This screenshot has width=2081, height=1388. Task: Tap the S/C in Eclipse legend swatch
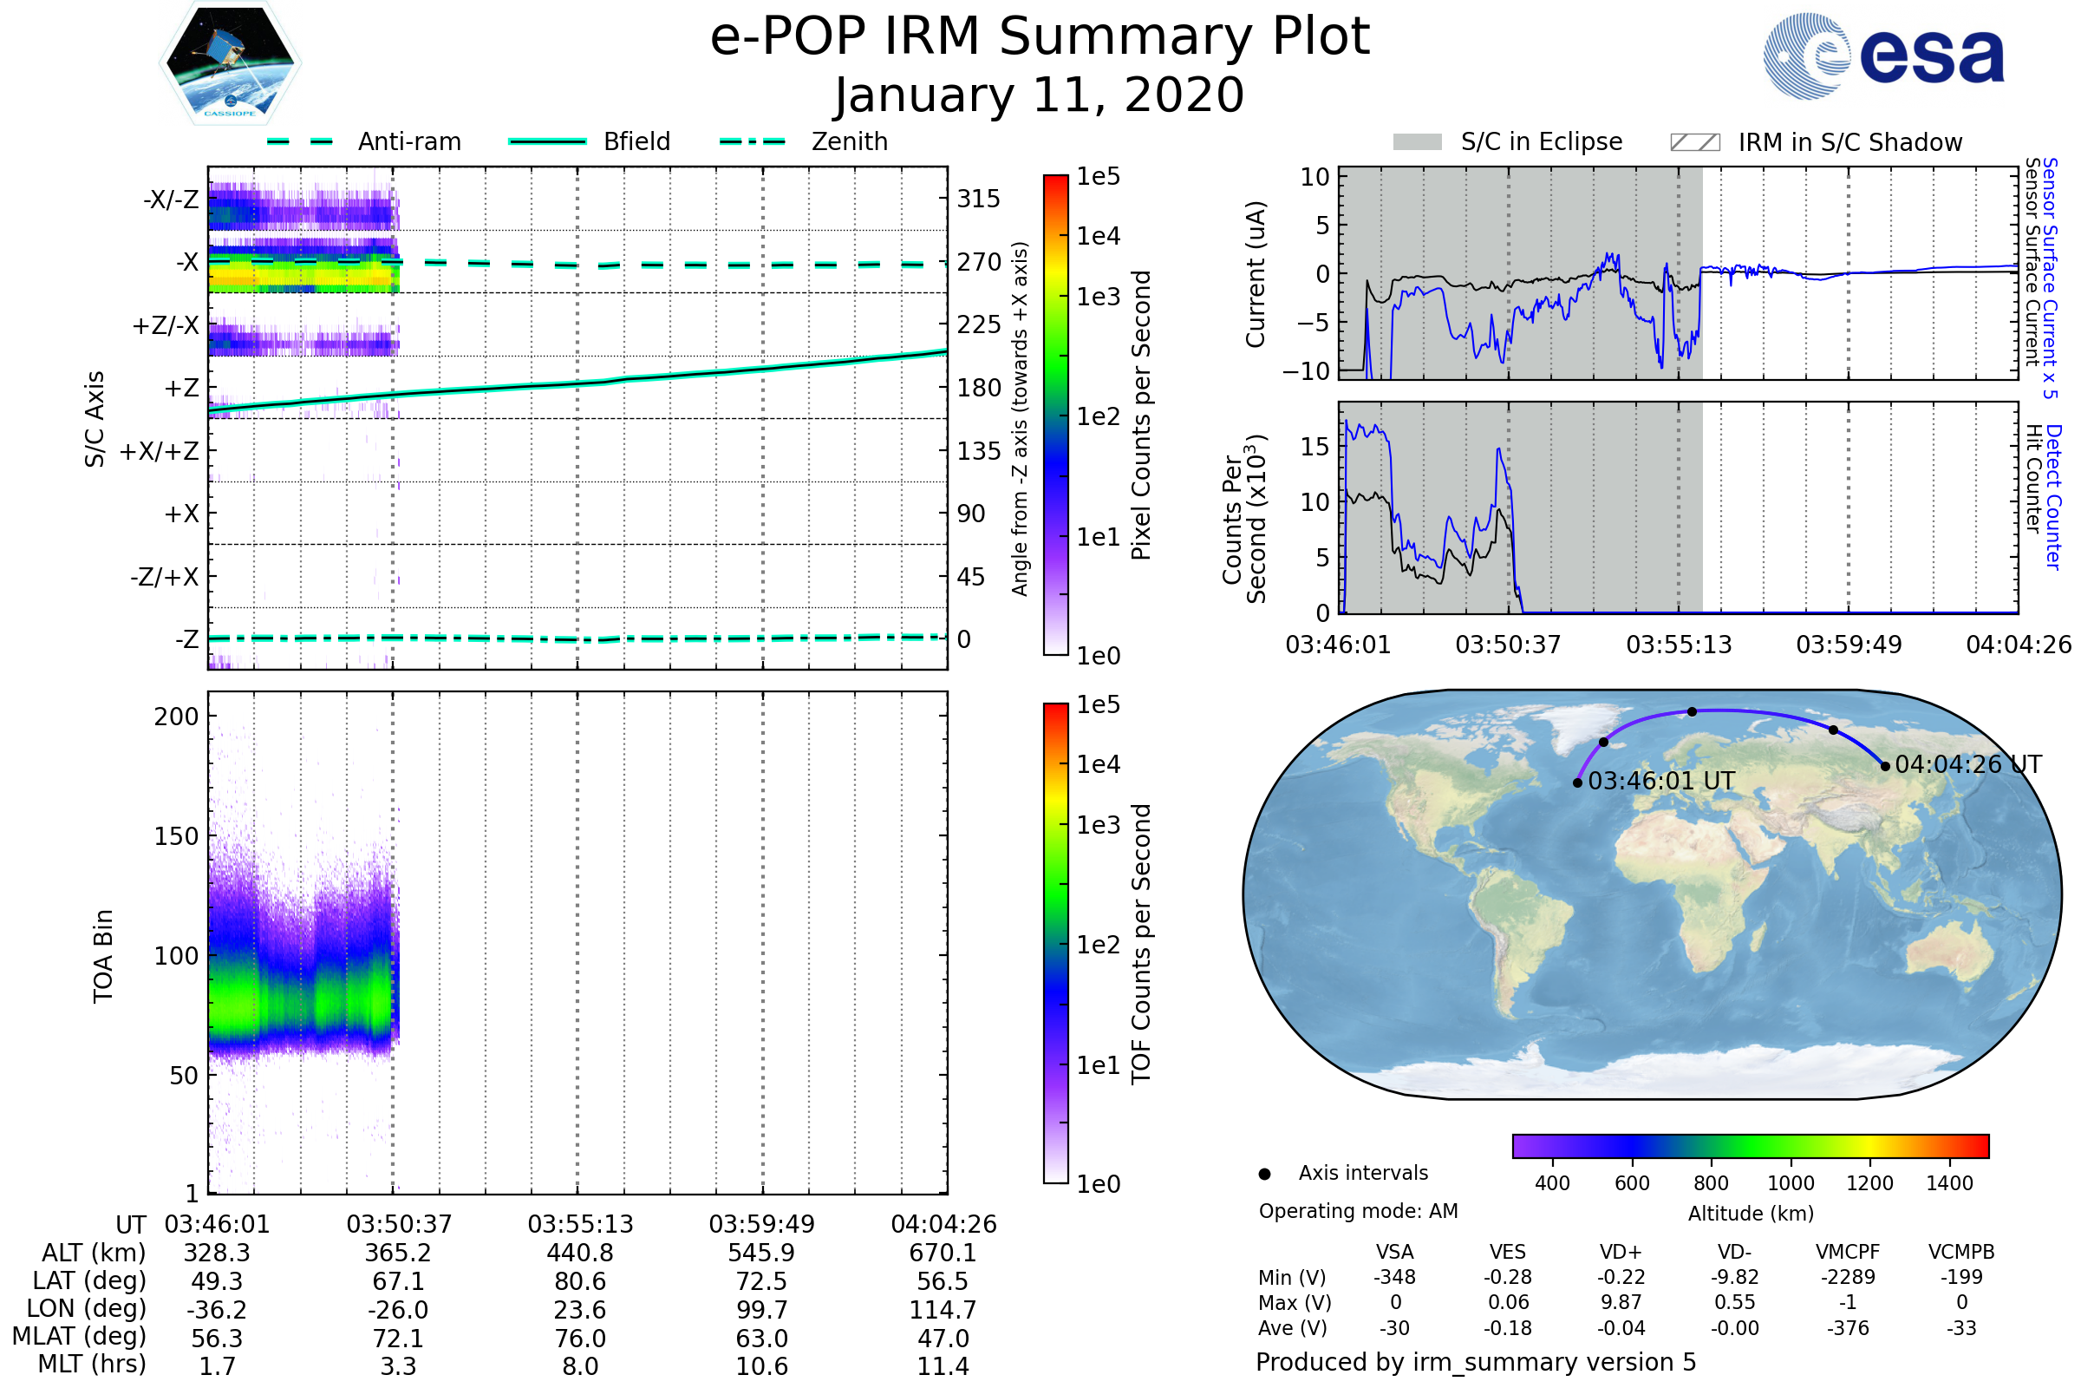pyautogui.click(x=1417, y=141)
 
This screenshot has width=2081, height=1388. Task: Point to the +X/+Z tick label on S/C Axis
pyautogui.click(x=160, y=451)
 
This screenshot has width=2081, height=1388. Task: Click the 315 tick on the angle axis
pyautogui.click(x=978, y=199)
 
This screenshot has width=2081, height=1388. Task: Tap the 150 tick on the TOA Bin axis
pyautogui.click(x=176, y=836)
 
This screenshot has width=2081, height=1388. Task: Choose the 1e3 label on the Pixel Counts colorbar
pyautogui.click(x=1098, y=297)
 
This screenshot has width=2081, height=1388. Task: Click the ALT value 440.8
pyautogui.click(x=579, y=1253)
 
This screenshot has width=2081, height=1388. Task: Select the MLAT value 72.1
pyautogui.click(x=398, y=1338)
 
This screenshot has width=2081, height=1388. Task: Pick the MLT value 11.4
pyautogui.click(x=943, y=1365)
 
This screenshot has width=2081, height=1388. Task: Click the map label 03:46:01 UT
pyautogui.click(x=1660, y=781)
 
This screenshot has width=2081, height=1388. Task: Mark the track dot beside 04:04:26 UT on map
pyautogui.click(x=1884, y=767)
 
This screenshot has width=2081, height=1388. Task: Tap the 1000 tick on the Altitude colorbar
pyautogui.click(x=1790, y=1183)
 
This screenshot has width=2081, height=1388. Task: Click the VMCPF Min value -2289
pyautogui.click(x=1848, y=1277)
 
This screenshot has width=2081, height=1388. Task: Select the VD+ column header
pyautogui.click(x=1620, y=1252)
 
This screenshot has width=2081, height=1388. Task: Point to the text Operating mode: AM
pyautogui.click(x=1358, y=1211)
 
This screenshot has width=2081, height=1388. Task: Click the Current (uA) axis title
pyautogui.click(x=1256, y=274)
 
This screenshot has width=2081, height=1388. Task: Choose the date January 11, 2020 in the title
pyautogui.click(x=1040, y=95)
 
